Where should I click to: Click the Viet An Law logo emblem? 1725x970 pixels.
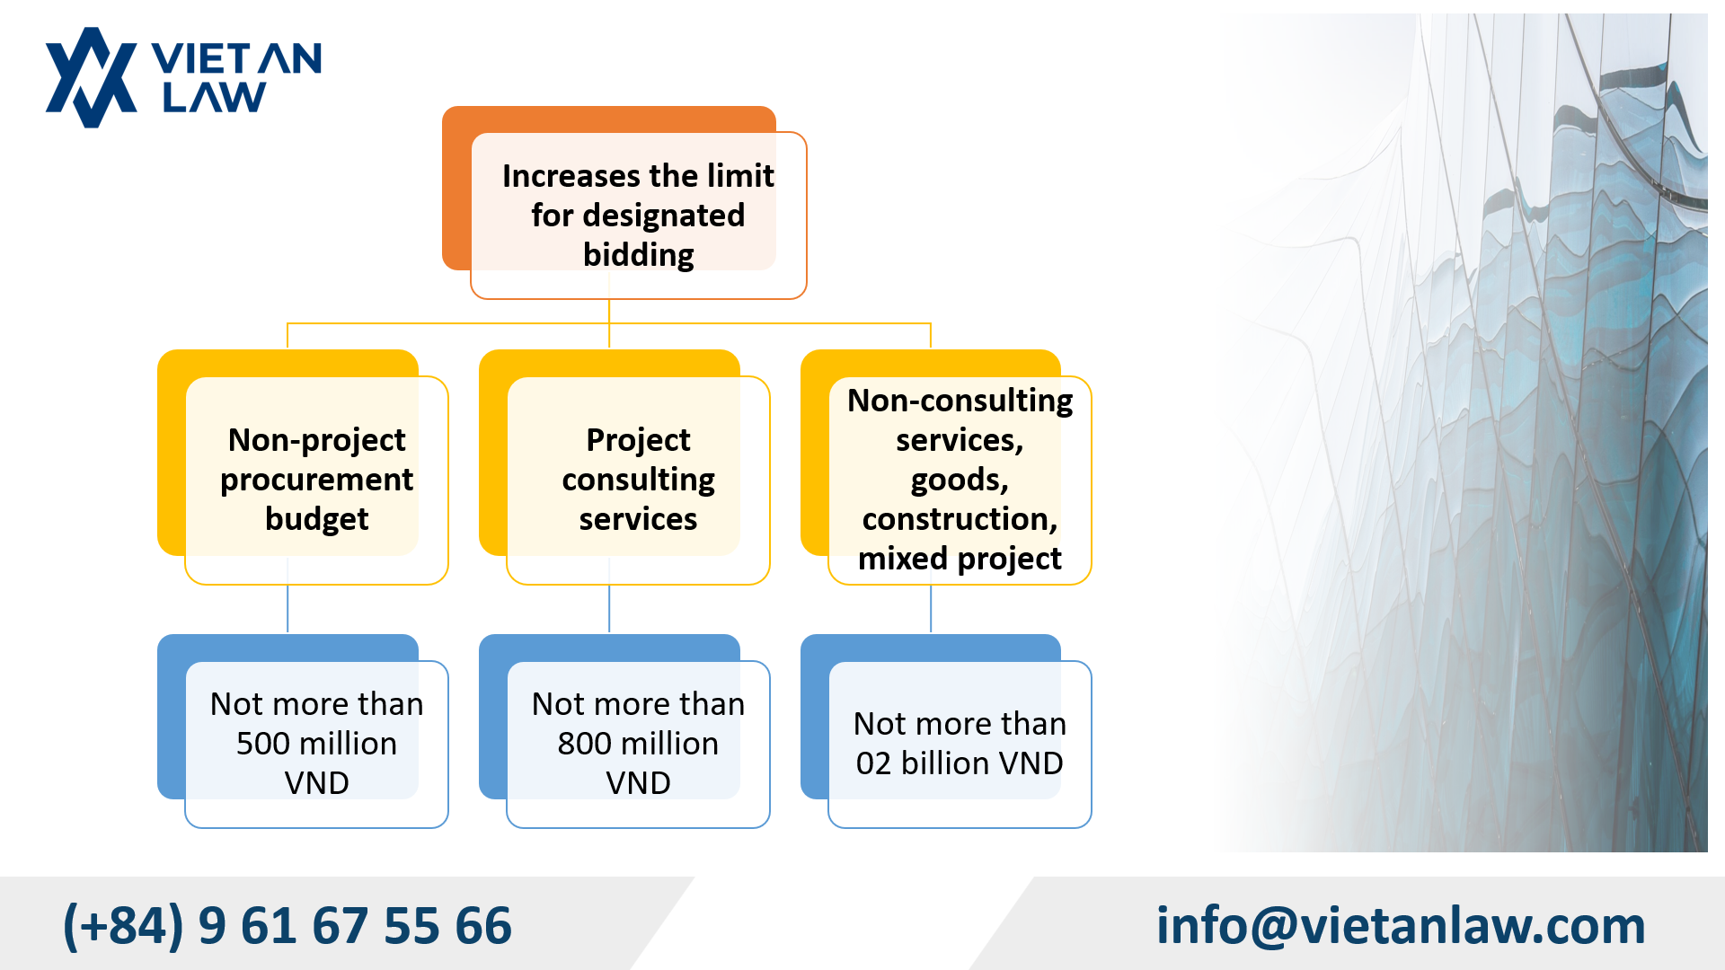coord(91,78)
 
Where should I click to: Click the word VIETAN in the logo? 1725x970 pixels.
coord(236,59)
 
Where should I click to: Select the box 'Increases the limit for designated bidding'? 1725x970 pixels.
coord(638,215)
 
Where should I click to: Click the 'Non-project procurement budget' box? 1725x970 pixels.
coord(316,480)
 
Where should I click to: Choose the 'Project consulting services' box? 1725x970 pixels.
coord(638,480)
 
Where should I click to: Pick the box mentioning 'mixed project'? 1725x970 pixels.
coord(960,480)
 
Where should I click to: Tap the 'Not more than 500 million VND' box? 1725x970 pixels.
coord(316,744)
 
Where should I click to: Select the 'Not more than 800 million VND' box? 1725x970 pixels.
coord(638,744)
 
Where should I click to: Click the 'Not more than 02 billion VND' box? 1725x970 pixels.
coord(960,744)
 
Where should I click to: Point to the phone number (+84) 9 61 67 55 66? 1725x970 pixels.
coord(287,925)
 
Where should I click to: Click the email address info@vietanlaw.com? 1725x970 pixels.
coord(1400,925)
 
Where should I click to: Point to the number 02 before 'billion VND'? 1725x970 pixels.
coord(873,763)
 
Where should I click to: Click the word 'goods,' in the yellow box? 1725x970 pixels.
coord(960,480)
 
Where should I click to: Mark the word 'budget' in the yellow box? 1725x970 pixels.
coord(316,519)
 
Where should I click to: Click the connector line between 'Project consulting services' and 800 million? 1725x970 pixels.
coord(609,609)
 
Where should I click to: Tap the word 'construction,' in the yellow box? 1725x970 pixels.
coord(960,519)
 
